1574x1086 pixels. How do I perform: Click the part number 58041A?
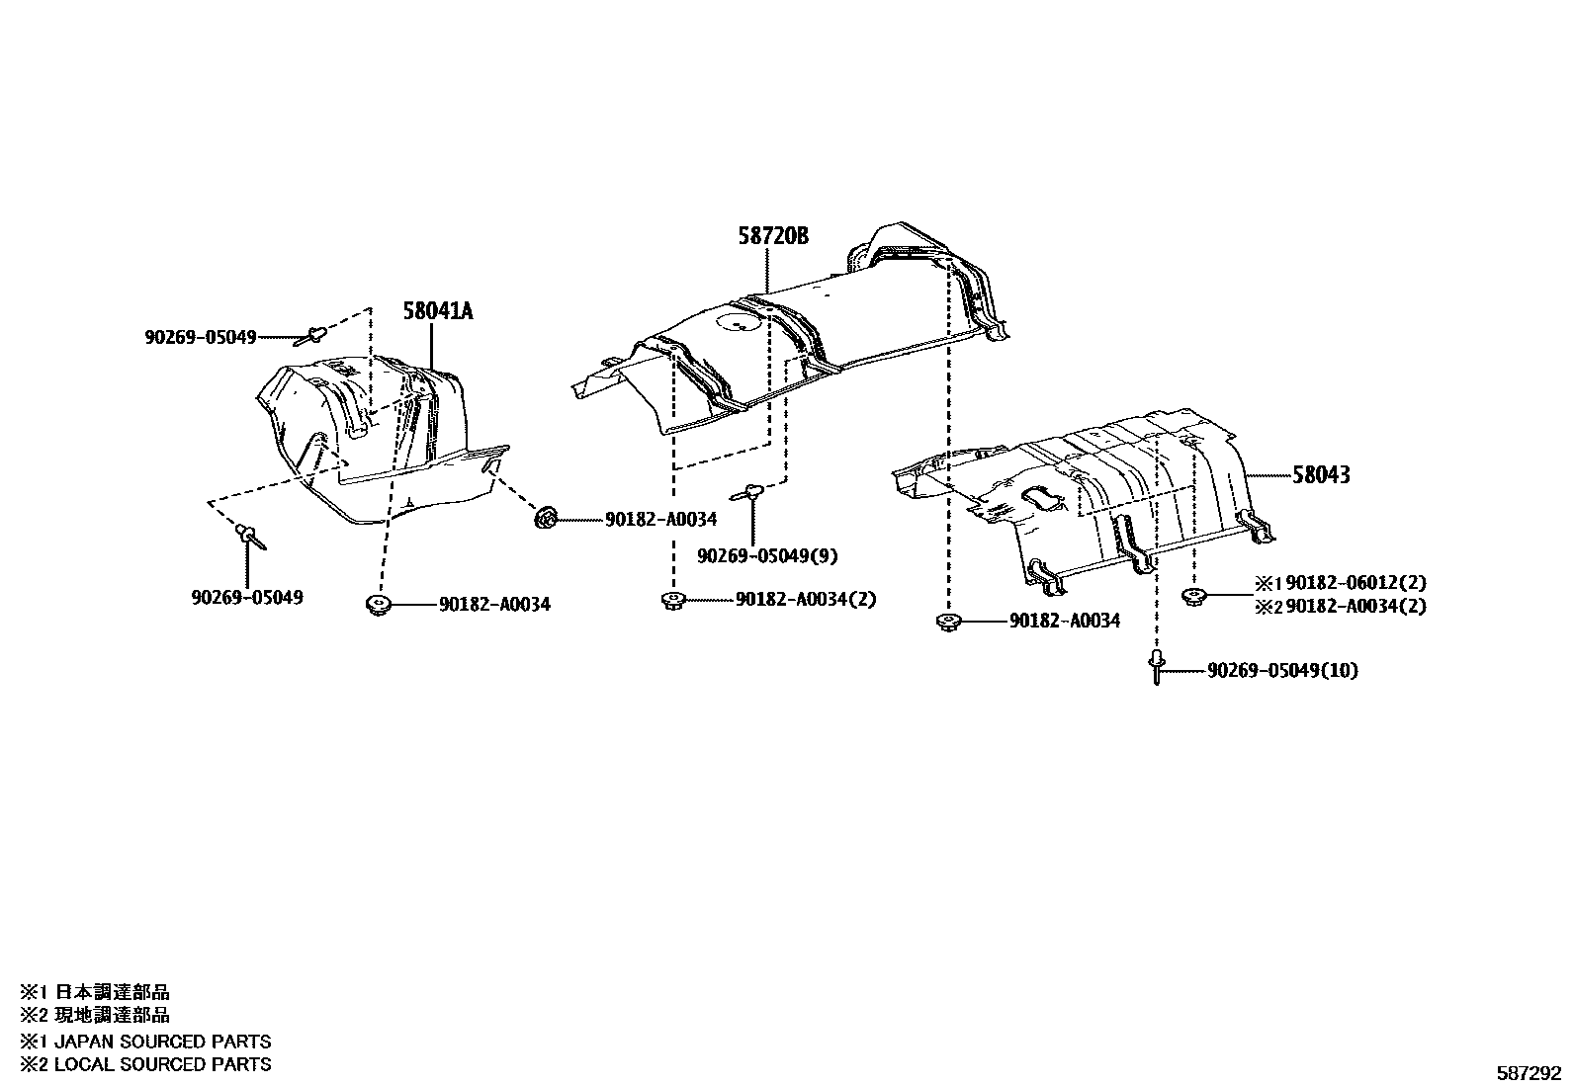438,311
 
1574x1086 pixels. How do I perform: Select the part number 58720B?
772,236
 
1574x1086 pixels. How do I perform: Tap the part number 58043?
1321,475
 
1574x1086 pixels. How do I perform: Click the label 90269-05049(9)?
767,556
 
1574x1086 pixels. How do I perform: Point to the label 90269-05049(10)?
1282,671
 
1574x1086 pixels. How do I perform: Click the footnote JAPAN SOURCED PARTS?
162,1042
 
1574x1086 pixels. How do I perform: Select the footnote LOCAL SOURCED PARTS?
162,1064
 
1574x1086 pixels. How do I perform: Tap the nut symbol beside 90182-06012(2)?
1192,596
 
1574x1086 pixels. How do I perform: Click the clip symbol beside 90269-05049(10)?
1156,666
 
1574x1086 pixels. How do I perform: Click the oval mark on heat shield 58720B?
736,321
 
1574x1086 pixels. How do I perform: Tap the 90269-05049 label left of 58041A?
200,338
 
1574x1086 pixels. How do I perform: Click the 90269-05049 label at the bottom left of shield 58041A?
247,598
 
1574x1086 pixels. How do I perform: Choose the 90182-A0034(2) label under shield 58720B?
806,600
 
